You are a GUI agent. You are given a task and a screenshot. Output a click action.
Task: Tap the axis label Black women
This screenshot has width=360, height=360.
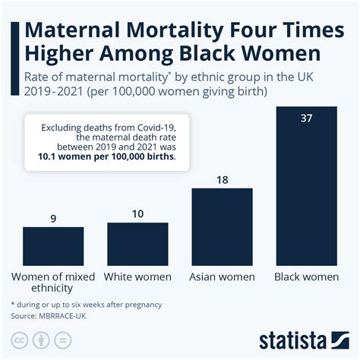(307, 276)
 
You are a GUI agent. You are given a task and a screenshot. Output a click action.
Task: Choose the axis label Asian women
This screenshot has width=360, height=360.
(222, 276)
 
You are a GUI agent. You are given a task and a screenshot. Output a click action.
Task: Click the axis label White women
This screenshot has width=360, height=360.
(137, 276)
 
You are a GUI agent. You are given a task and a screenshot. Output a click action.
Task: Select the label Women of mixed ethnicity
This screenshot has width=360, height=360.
(53, 283)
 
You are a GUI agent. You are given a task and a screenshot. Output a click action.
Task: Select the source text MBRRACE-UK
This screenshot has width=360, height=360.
(68, 314)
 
